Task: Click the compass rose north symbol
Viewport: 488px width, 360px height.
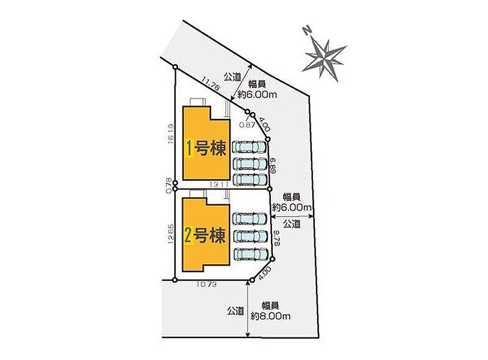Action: [x=325, y=55]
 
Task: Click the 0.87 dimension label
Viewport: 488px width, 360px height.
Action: [x=246, y=124]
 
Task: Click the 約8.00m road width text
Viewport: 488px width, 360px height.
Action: [x=270, y=316]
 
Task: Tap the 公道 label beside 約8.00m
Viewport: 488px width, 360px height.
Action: [x=235, y=311]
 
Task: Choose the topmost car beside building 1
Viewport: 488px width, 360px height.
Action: [x=249, y=148]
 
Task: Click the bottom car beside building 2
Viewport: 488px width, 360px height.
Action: [x=249, y=254]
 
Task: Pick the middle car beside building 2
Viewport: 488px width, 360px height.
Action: [x=249, y=236]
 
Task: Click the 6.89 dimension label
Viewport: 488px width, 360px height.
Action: [x=273, y=164]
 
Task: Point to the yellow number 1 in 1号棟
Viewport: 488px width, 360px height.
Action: [x=190, y=148]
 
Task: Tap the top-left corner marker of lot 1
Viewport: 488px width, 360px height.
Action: [x=176, y=67]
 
